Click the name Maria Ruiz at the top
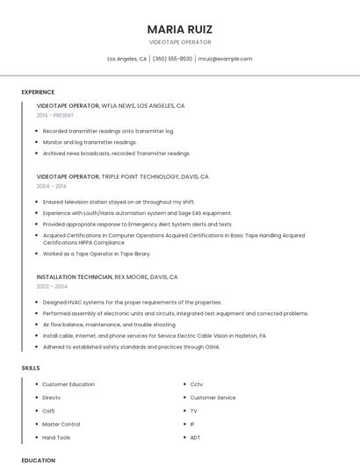[180, 29]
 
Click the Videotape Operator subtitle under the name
[180, 41]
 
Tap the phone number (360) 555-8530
[172, 59]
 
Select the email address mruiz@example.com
[225, 59]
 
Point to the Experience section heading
[38, 92]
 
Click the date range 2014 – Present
[55, 115]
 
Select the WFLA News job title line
[111, 105]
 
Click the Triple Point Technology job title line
[123, 176]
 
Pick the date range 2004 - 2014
[51, 186]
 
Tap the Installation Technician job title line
[107, 276]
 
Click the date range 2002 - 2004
[52, 286]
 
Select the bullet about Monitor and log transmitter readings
[90, 141]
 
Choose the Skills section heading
[31, 368]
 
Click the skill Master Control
[61, 424]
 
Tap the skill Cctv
[197, 384]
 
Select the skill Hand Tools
[56, 437]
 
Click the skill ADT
[196, 437]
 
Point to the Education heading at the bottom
[38, 460]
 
